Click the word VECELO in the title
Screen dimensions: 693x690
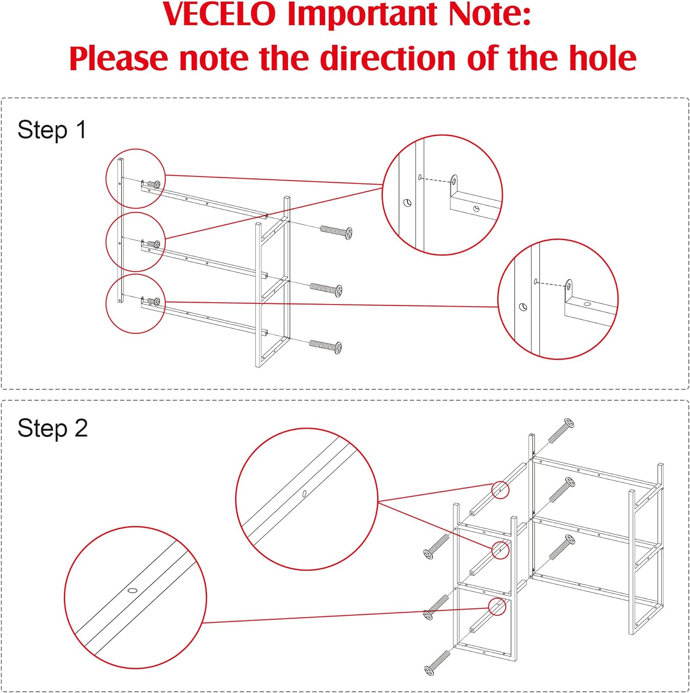coord(219,14)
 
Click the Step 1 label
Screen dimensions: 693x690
coord(52,130)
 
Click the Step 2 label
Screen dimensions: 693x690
coord(52,428)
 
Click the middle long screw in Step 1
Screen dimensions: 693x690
coord(326,289)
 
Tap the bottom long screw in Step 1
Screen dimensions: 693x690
coord(325,346)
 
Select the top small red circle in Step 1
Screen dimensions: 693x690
coord(136,178)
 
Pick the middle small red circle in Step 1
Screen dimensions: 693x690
coord(136,242)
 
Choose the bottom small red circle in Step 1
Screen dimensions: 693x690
coord(136,304)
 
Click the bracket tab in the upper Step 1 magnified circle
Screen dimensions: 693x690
coord(454,181)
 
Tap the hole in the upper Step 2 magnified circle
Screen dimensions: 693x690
coord(304,494)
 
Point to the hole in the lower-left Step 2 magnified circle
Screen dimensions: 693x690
coord(133,590)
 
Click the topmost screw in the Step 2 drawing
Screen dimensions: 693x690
coord(561,431)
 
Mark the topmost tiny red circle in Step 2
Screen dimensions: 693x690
coord(500,490)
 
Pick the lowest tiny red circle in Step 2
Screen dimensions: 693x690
coord(497,607)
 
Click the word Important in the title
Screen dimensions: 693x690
coord(361,14)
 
